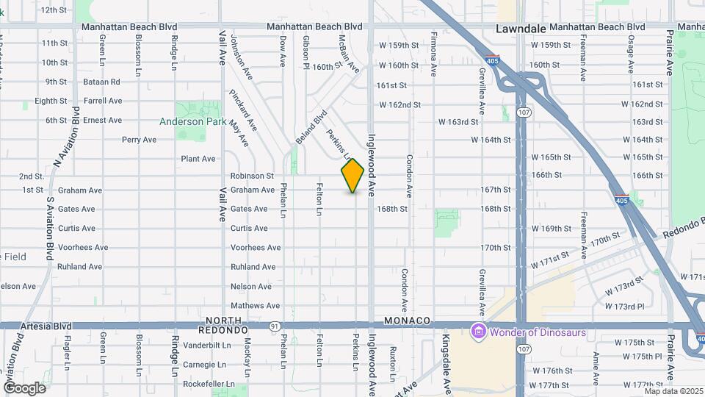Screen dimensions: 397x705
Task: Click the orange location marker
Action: (352, 176)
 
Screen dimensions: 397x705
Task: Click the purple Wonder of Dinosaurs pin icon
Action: (479, 332)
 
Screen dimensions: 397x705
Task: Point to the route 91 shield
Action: (274, 326)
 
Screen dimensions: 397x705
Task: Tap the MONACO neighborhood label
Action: (406, 321)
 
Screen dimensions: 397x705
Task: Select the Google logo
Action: (25, 387)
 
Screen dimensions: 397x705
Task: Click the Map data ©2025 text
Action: (673, 390)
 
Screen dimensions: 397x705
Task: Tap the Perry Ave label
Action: (139, 140)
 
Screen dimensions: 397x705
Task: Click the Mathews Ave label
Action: (255, 306)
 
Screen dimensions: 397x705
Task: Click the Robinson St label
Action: (252, 176)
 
